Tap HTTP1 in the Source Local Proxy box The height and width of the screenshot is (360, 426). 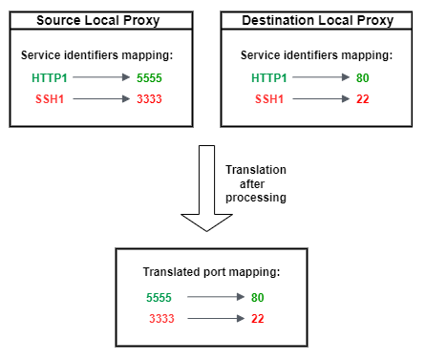[49, 77]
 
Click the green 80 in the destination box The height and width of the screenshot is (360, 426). [364, 77]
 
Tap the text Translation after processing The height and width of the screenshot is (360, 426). [255, 183]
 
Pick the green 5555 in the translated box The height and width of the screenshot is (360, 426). [160, 297]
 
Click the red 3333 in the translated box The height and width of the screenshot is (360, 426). [160, 317]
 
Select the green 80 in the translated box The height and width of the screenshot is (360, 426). [257, 297]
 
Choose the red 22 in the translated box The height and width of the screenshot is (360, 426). [257, 317]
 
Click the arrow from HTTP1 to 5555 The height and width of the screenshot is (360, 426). [101, 77]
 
